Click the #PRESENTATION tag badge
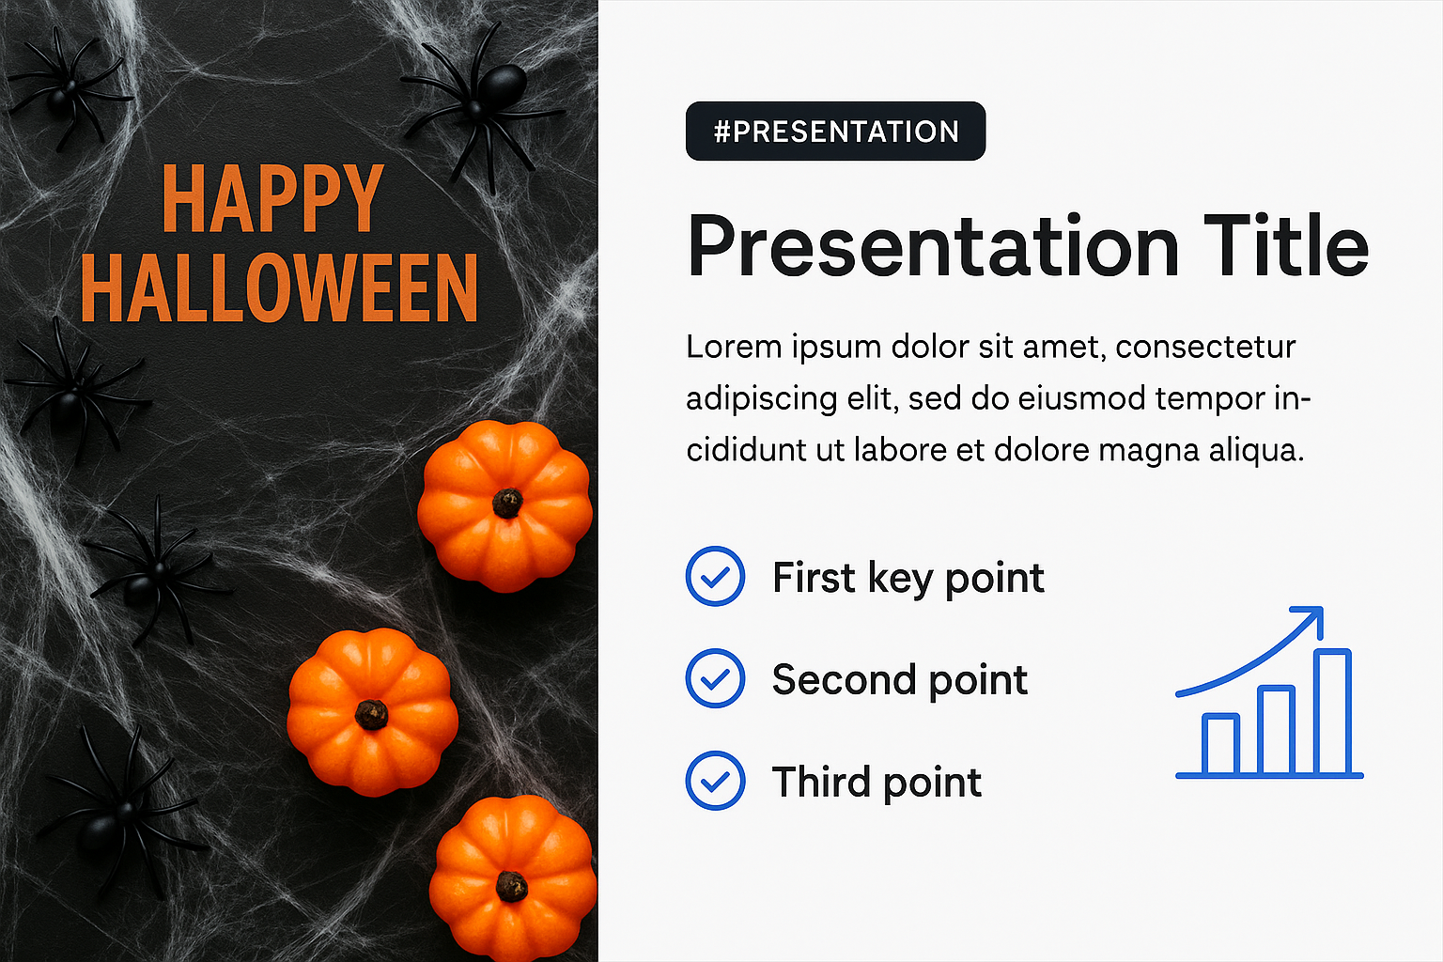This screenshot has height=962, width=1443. point(835,131)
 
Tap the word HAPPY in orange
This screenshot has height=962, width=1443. point(272,198)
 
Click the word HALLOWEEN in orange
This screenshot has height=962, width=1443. point(280,288)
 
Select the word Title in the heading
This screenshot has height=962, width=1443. point(1286,246)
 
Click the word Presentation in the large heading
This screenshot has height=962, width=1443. point(933,246)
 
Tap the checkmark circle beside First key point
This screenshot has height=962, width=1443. point(715,576)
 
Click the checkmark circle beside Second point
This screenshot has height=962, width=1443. point(715,678)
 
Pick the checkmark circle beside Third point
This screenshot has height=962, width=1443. point(715,781)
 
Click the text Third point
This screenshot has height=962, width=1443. point(877,783)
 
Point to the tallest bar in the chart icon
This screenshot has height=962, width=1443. point(1332,712)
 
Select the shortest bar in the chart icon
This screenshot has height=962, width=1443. point(1220,744)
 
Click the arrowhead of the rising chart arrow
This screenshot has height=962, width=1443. point(1311,618)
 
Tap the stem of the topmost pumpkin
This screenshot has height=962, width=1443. point(507,504)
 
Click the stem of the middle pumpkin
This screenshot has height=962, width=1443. point(372,715)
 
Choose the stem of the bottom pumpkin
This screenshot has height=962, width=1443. point(511,886)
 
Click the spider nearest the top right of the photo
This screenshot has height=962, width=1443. point(483,103)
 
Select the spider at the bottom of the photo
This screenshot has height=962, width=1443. point(119,815)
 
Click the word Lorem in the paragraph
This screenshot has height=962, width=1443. point(734,347)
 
